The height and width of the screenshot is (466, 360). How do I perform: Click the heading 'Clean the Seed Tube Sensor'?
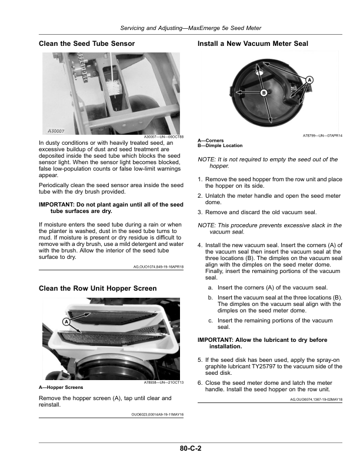click(86, 44)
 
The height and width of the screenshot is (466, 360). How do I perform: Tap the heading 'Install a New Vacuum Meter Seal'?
click(253, 44)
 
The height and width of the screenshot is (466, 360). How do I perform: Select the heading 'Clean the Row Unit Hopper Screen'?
click(98, 288)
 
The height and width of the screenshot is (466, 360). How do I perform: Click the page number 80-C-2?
click(191, 448)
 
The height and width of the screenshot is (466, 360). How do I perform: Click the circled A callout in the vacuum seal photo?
click(309, 80)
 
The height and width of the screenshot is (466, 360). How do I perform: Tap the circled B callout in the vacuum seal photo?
click(264, 93)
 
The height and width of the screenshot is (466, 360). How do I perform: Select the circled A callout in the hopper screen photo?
click(66, 322)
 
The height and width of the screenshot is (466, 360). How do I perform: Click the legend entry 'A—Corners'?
click(211, 141)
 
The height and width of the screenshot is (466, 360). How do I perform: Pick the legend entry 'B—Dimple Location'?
click(220, 146)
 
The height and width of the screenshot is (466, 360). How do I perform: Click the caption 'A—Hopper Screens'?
click(61, 388)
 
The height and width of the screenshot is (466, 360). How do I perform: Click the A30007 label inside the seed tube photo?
click(56, 131)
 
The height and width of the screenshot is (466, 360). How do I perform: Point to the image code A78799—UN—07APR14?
click(322, 135)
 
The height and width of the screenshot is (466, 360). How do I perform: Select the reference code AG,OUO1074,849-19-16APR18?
click(158, 267)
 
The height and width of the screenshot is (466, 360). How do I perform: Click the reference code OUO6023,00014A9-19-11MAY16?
click(158, 414)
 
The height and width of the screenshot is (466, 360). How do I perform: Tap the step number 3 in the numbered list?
click(200, 212)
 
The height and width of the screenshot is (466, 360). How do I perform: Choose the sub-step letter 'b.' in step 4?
click(211, 298)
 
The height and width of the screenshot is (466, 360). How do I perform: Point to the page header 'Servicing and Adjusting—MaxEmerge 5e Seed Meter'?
click(191, 28)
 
